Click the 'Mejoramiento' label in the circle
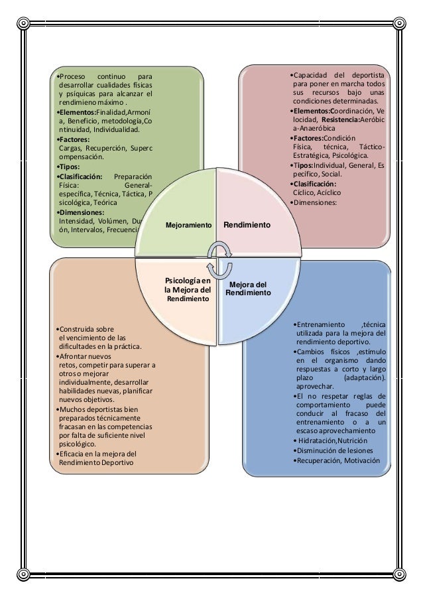(x=188, y=226)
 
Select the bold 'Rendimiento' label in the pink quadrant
(x=247, y=226)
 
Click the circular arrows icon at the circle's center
(x=219, y=259)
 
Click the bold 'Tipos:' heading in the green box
(x=69, y=166)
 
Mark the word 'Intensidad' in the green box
(x=77, y=221)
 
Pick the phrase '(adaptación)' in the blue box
(x=364, y=376)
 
